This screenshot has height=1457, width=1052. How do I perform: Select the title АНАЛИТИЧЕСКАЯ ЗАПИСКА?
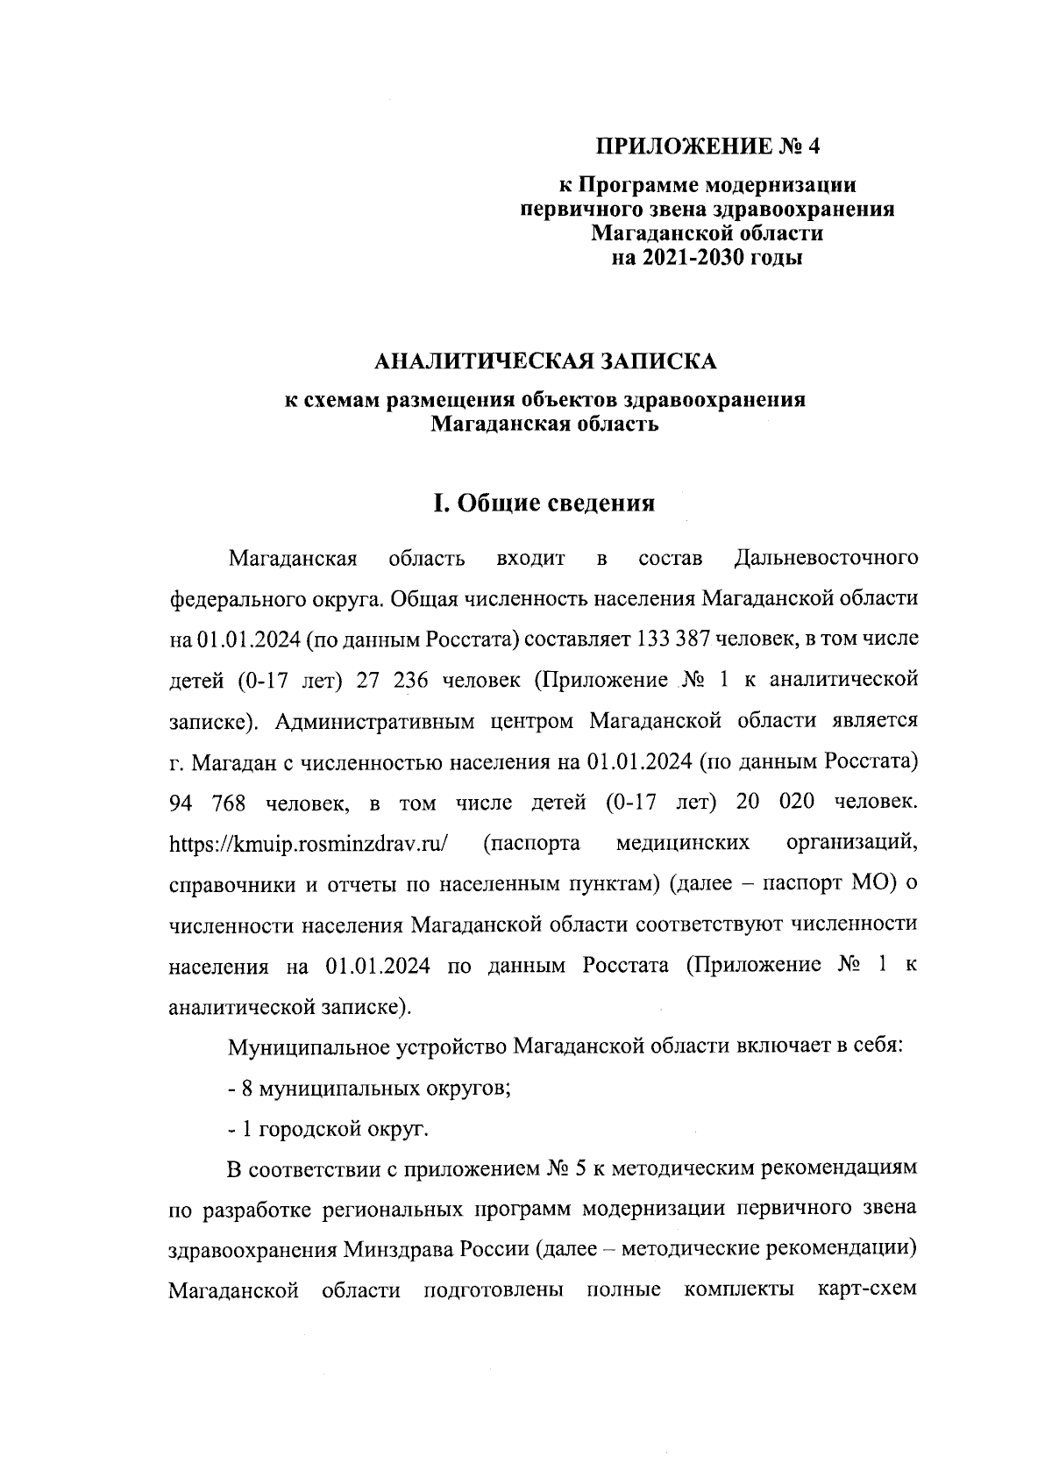544,361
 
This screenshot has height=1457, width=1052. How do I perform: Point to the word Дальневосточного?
826,558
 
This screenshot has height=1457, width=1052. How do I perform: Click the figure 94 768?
209,802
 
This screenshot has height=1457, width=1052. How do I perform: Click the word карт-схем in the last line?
866,1290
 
